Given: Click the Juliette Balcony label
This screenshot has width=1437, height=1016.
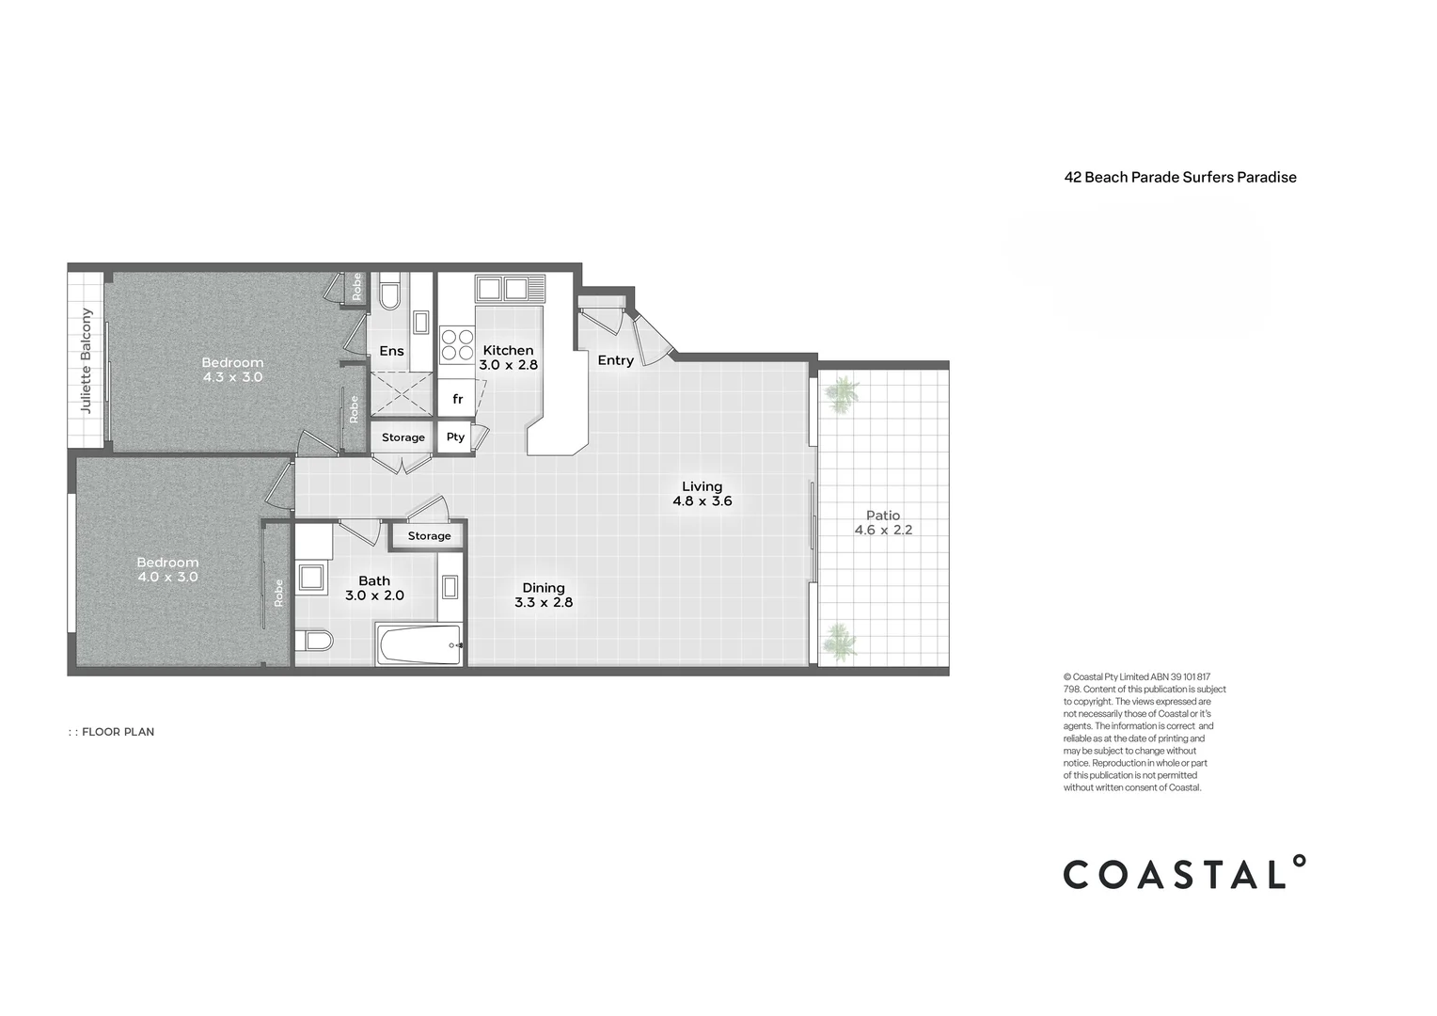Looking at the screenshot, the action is pyautogui.click(x=86, y=360).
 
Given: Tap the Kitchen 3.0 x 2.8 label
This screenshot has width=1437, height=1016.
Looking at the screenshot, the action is pyautogui.click(x=508, y=357).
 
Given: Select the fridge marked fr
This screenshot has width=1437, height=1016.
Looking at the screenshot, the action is pyautogui.click(x=457, y=398).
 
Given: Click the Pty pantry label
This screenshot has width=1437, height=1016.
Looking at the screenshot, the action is pyautogui.click(x=455, y=437).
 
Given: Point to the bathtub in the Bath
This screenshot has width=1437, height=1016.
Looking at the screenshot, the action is pyautogui.click(x=419, y=645).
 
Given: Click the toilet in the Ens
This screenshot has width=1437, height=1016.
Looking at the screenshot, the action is pyautogui.click(x=389, y=292).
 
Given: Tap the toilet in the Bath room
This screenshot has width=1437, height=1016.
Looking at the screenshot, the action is pyautogui.click(x=314, y=640).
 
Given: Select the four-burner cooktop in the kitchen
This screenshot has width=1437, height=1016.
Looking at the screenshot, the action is pyautogui.click(x=457, y=344).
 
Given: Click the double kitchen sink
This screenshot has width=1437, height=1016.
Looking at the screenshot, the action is pyautogui.click(x=510, y=289).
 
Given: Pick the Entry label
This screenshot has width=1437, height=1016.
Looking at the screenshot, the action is pyautogui.click(x=616, y=360).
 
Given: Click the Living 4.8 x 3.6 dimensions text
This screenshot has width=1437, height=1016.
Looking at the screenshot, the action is pyautogui.click(x=703, y=501).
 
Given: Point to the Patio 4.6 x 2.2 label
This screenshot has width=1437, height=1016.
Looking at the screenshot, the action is pyautogui.click(x=883, y=522).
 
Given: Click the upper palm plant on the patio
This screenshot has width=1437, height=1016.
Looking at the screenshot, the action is pyautogui.click(x=841, y=394).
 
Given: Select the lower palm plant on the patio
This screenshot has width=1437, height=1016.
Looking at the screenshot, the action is pyautogui.click(x=840, y=641).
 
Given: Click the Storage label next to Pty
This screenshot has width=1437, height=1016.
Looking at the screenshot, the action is pyautogui.click(x=403, y=437).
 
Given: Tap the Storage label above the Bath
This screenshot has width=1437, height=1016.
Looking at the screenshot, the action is pyautogui.click(x=429, y=536).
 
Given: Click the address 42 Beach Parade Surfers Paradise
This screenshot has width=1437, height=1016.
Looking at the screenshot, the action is pyautogui.click(x=1180, y=178).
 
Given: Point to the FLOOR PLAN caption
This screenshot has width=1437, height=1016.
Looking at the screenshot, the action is pyautogui.click(x=112, y=732).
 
